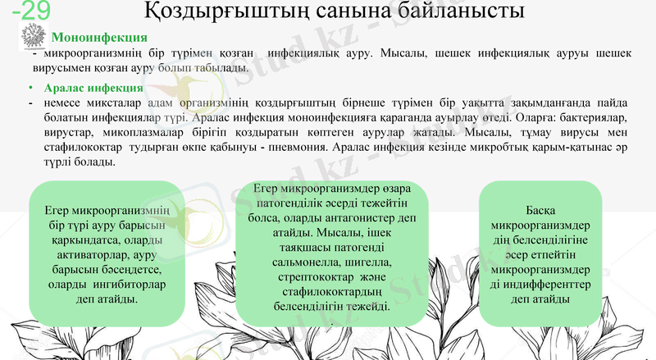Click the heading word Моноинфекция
99,38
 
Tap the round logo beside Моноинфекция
32,37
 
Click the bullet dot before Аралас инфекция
30,88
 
